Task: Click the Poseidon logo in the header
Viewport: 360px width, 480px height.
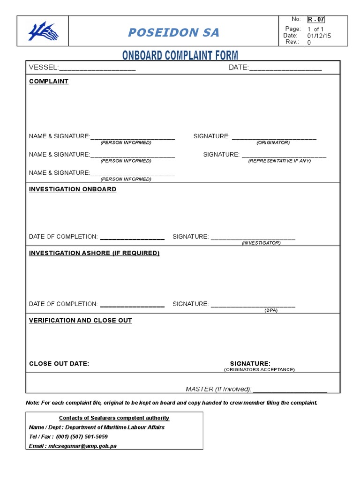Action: [43, 32]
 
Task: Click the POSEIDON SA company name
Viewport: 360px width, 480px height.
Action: [174, 32]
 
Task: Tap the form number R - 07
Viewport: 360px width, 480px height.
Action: [316, 19]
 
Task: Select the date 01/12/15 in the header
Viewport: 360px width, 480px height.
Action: [319, 36]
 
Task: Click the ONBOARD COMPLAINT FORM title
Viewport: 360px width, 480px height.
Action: [180, 55]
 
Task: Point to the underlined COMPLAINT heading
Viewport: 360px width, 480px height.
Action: [49, 81]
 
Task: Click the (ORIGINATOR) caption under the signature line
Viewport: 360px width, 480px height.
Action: [273, 142]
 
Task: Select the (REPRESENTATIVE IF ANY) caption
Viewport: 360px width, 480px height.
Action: [279, 161]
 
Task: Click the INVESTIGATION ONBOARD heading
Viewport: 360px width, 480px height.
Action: [73, 189]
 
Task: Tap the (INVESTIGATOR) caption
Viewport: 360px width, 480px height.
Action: [261, 243]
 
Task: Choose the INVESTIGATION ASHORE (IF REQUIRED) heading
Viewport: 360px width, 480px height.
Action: [94, 253]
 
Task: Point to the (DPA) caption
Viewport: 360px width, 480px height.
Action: [271, 310]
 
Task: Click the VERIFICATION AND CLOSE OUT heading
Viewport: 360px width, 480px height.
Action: [81, 321]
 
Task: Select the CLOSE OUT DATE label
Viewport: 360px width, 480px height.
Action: [59, 364]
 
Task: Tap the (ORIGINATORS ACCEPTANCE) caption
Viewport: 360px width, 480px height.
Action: [259, 370]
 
